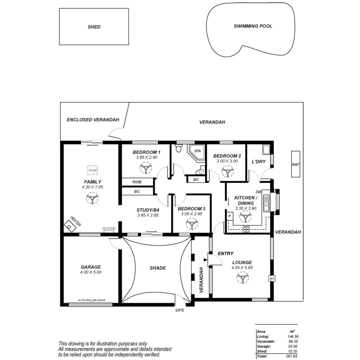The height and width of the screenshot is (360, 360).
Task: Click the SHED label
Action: point(94,27)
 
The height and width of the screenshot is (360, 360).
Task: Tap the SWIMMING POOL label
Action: point(253,26)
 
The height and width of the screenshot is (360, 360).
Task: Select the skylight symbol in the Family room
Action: point(92,170)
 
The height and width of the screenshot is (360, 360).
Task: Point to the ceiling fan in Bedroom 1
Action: point(146,168)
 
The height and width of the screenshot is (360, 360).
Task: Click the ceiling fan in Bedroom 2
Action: point(228,172)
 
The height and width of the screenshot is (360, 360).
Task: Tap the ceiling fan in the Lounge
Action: point(242,277)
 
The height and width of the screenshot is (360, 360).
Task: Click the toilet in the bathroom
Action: point(179,148)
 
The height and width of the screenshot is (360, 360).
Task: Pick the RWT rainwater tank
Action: point(295,164)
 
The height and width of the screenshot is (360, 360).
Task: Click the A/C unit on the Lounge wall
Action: point(272,278)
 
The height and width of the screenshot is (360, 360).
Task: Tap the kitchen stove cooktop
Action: point(246,229)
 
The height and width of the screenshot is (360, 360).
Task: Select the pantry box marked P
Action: point(230,216)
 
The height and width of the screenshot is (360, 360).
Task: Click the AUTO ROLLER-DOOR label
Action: point(91,300)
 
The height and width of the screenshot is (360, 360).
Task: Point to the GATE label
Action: point(180,310)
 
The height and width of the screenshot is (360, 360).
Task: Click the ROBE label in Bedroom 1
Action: point(137,182)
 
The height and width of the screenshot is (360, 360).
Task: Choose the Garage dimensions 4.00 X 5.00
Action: point(91,272)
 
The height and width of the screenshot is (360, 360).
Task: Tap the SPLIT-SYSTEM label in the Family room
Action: point(109,228)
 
